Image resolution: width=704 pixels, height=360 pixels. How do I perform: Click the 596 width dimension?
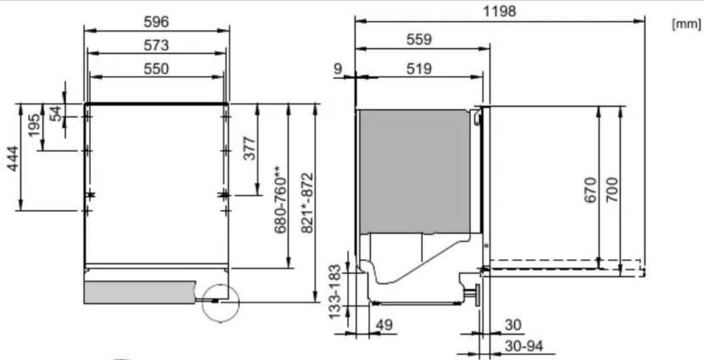[156, 22]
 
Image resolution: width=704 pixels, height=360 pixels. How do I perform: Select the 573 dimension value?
[156, 45]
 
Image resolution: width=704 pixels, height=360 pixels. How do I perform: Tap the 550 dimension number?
[156, 69]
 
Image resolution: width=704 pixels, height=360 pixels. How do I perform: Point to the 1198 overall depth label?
[500, 11]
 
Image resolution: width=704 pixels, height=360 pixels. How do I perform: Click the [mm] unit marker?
[686, 24]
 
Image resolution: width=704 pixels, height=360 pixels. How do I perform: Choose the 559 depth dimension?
[419, 39]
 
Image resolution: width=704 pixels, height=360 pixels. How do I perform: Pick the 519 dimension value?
[419, 69]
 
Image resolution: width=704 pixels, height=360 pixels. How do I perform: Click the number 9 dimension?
[338, 69]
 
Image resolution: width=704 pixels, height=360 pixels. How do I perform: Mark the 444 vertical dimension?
[13, 159]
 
